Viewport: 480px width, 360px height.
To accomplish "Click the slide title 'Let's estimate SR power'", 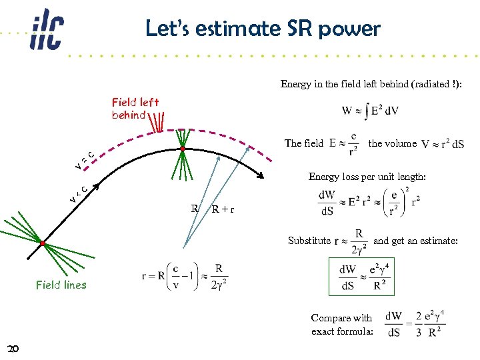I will coord(263,29).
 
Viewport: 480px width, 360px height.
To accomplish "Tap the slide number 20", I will coord(14,348).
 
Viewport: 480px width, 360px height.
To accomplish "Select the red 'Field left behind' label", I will coord(135,108).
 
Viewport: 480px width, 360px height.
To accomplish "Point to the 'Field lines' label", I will coord(61,285).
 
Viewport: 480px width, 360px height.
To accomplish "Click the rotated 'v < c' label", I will coord(79,193).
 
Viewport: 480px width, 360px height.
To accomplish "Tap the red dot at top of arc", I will coord(182,148).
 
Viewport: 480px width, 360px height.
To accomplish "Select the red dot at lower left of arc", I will coord(42,244).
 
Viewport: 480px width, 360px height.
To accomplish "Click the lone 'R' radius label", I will coord(195,208).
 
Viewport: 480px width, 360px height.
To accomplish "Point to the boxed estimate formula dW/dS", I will coord(362,276).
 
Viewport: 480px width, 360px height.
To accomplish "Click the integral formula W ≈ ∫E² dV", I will coord(370,110).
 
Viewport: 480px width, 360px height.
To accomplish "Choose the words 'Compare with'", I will coord(341,318).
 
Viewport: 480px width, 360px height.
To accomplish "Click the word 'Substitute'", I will coord(309,241).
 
